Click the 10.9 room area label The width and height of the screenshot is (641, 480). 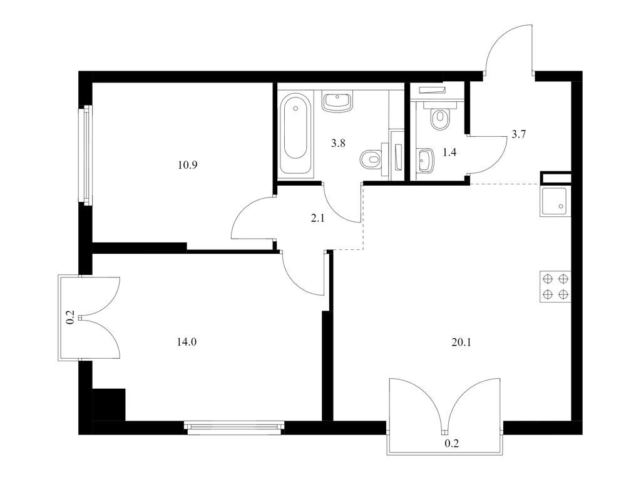[188, 166]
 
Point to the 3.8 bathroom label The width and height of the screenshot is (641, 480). [339, 142]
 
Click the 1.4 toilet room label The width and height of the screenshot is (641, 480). [449, 152]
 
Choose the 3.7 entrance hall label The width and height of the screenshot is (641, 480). [519, 133]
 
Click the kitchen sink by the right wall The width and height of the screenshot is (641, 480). [553, 201]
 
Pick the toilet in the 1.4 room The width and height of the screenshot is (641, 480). [439, 117]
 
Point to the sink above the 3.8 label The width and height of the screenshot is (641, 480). [338, 101]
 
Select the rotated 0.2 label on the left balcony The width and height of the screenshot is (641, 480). [70, 317]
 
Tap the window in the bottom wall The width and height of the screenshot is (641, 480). [235, 427]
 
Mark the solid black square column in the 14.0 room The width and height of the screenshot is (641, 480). [109, 404]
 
